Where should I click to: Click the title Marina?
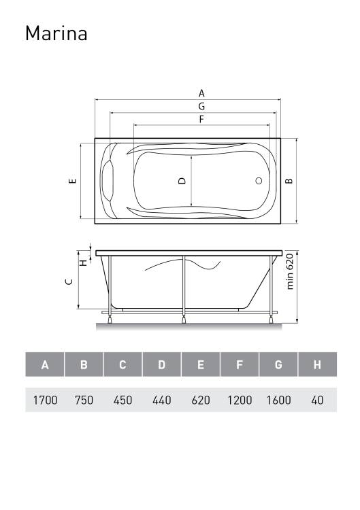coord(56,33)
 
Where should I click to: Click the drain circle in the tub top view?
coord(259,181)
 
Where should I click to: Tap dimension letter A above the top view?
coord(202,93)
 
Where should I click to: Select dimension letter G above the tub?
coord(202,106)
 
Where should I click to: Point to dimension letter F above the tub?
coord(201,120)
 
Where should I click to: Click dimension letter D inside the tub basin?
coord(182,181)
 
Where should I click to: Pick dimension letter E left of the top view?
coord(72,181)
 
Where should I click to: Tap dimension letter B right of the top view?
coord(289,181)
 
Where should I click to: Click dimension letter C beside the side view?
coord(69,282)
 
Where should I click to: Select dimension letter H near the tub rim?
coord(84,262)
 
